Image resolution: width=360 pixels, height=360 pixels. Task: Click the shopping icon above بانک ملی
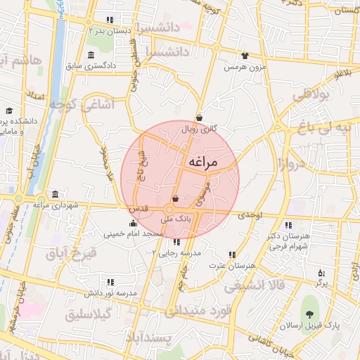coord(175,200)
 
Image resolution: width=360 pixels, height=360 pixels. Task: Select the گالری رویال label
coord(199,129)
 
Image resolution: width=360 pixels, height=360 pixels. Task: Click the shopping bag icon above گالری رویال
coord(200,117)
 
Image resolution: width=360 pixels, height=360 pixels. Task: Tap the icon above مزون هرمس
coord(245,56)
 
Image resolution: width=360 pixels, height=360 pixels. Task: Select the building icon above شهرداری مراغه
coord(55,194)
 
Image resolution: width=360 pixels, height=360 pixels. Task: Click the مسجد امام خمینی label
coord(134,233)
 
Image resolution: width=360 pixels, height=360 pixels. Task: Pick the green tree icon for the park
coord(309,313)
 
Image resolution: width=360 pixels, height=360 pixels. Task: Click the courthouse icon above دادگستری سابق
coord(91,55)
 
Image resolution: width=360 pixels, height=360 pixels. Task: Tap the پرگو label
coord(321,283)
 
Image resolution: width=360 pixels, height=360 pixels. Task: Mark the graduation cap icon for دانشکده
coord(9,111)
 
